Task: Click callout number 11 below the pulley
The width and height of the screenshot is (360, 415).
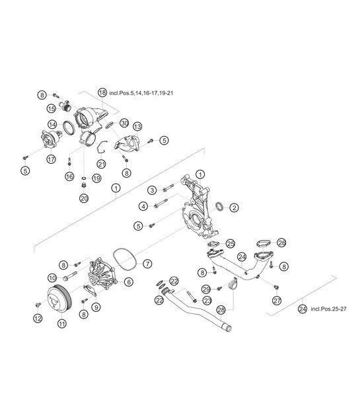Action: click(x=61, y=323)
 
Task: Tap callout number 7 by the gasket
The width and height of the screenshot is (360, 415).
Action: click(x=147, y=263)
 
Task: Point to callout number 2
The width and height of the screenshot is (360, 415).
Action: click(x=234, y=207)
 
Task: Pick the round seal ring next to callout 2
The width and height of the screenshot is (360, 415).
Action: click(x=220, y=207)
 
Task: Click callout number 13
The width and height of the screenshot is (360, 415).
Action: click(x=137, y=126)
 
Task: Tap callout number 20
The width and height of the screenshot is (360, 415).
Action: click(x=84, y=198)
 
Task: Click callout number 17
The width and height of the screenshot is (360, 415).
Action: click(x=51, y=159)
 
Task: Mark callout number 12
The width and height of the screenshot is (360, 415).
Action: click(x=38, y=319)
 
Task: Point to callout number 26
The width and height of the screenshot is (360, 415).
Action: click(x=281, y=243)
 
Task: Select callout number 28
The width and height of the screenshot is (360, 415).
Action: click(x=220, y=309)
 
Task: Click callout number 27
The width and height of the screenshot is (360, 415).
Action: click(x=277, y=300)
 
